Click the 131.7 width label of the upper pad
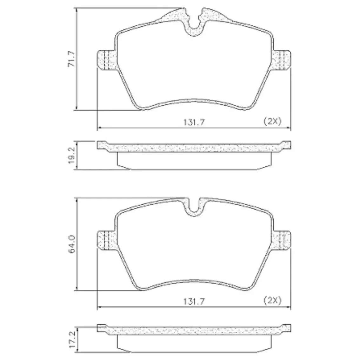194,122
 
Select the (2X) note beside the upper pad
272,121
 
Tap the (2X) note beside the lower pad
272,300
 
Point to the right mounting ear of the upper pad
281,59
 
